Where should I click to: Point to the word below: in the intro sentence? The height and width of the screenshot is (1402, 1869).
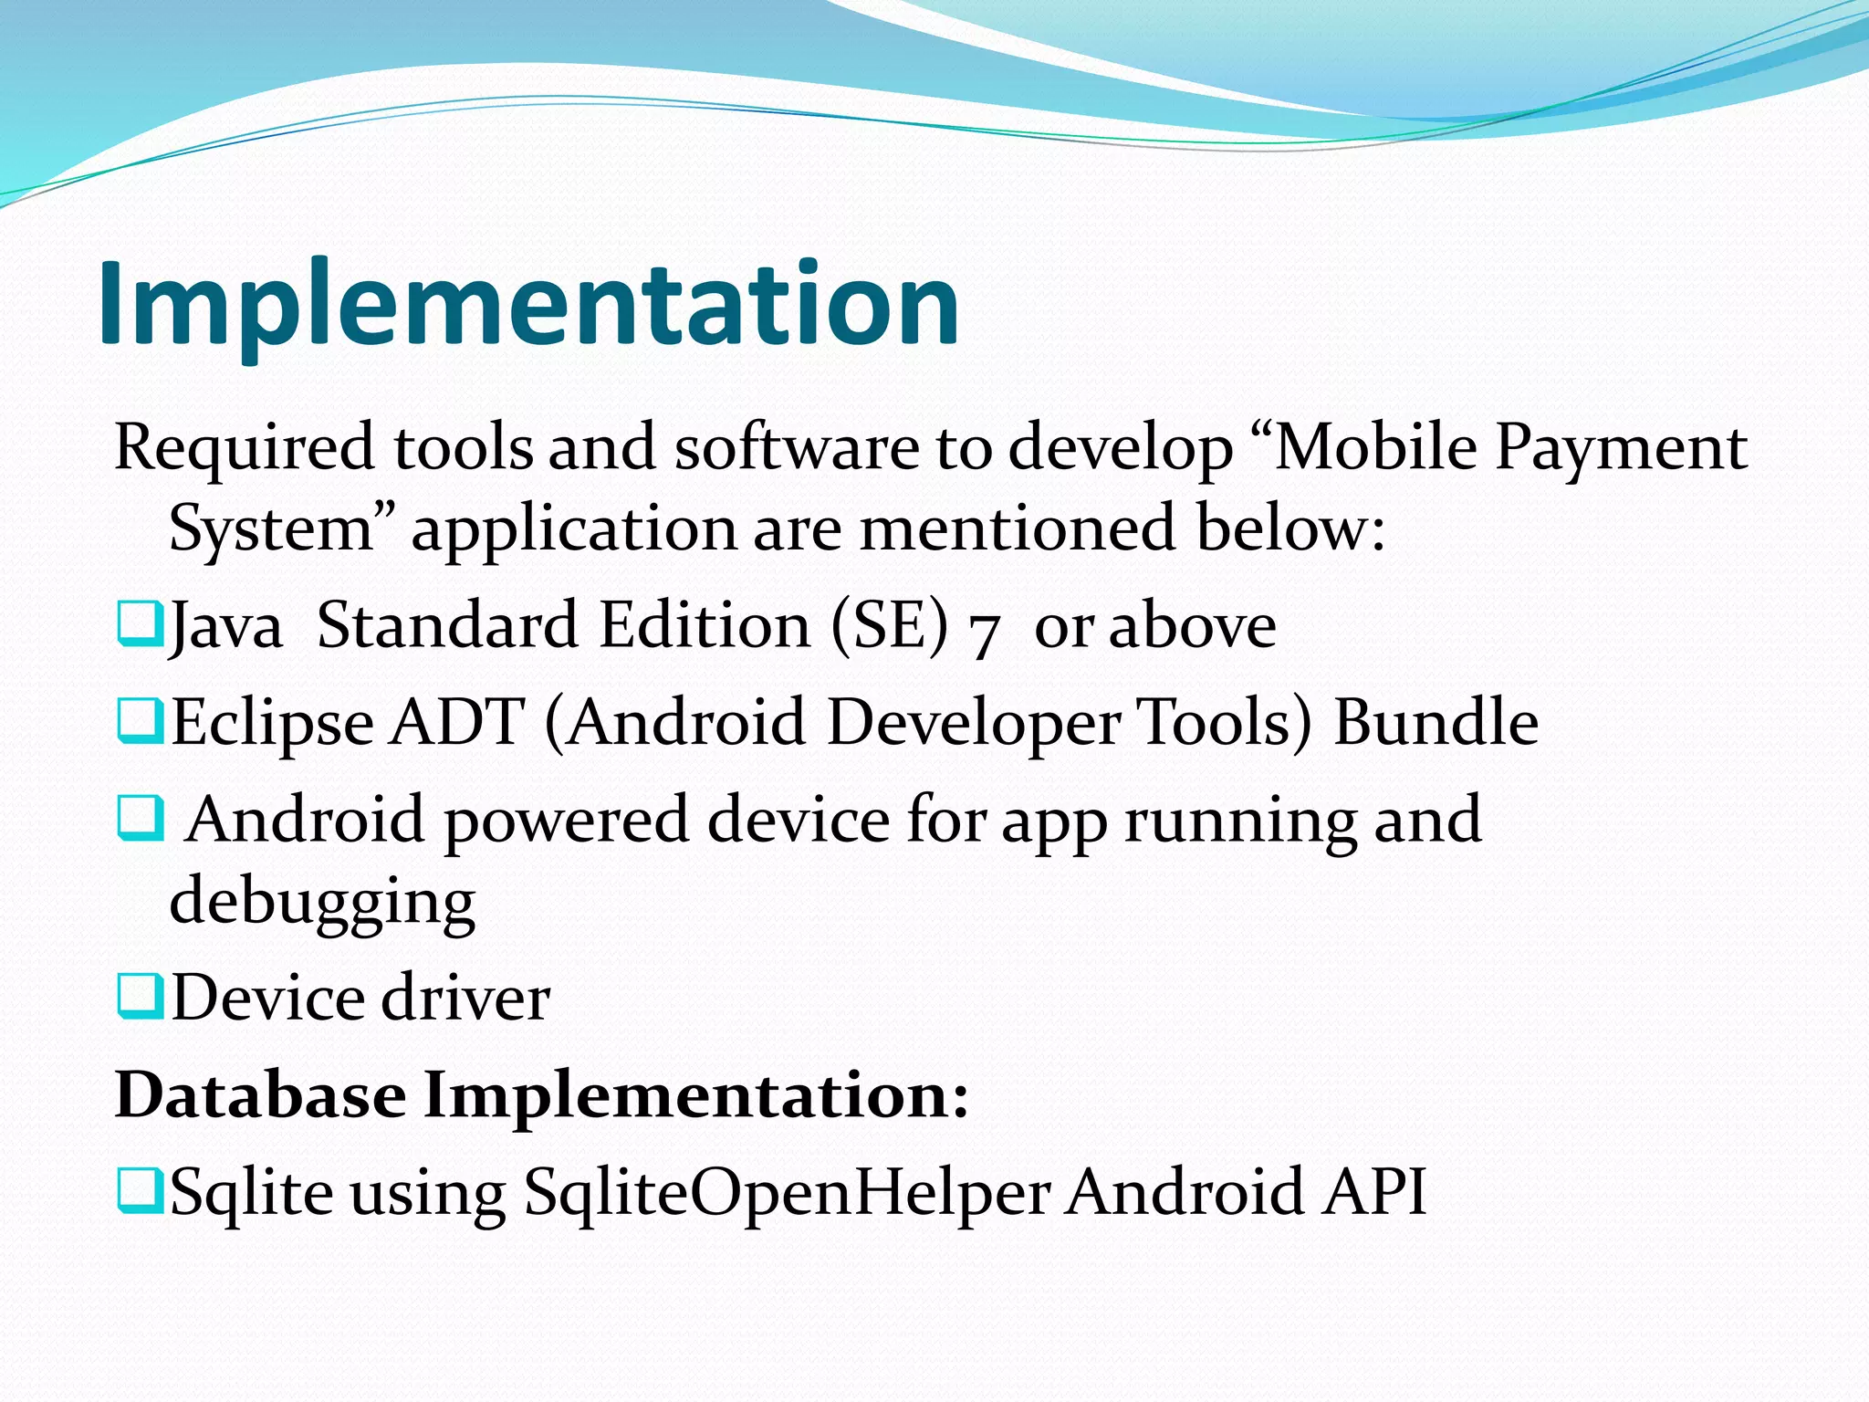[1290, 529]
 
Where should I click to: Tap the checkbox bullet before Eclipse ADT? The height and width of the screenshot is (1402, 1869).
[140, 720]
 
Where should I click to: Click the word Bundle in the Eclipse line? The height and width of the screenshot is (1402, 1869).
[1436, 722]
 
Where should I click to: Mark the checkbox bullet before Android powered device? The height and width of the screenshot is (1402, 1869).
[140, 818]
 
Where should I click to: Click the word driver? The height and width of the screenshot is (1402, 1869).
[465, 998]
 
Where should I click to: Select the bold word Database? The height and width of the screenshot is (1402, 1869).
[260, 1093]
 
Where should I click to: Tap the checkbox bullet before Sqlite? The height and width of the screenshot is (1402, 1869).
[140, 1189]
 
